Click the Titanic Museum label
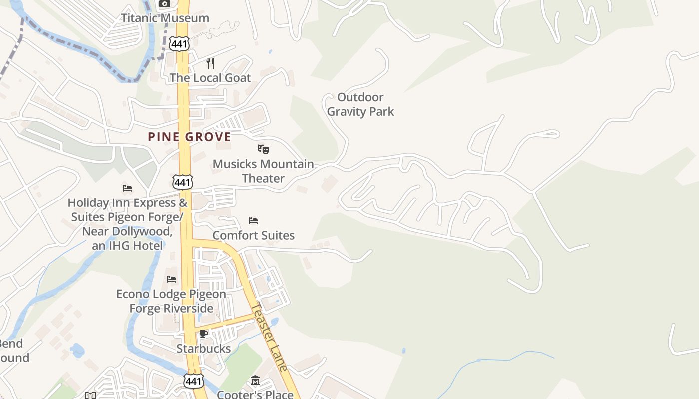click(x=165, y=18)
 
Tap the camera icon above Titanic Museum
click(x=164, y=4)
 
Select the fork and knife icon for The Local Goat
click(x=210, y=63)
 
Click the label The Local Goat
click(x=210, y=78)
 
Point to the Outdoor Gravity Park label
click(x=360, y=104)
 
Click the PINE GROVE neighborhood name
click(x=190, y=137)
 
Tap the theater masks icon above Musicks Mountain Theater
click(x=263, y=149)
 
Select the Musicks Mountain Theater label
click(x=263, y=171)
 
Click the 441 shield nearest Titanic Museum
click(x=179, y=44)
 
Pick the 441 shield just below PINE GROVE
click(x=183, y=182)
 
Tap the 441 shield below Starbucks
click(x=193, y=381)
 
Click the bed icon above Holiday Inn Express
click(x=127, y=188)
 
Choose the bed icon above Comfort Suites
click(x=253, y=220)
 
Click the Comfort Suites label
click(x=254, y=235)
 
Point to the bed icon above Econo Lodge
click(x=171, y=279)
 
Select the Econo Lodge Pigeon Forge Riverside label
click(x=171, y=301)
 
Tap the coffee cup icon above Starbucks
click(x=203, y=334)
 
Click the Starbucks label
click(x=204, y=348)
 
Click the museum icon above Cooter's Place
click(x=255, y=381)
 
